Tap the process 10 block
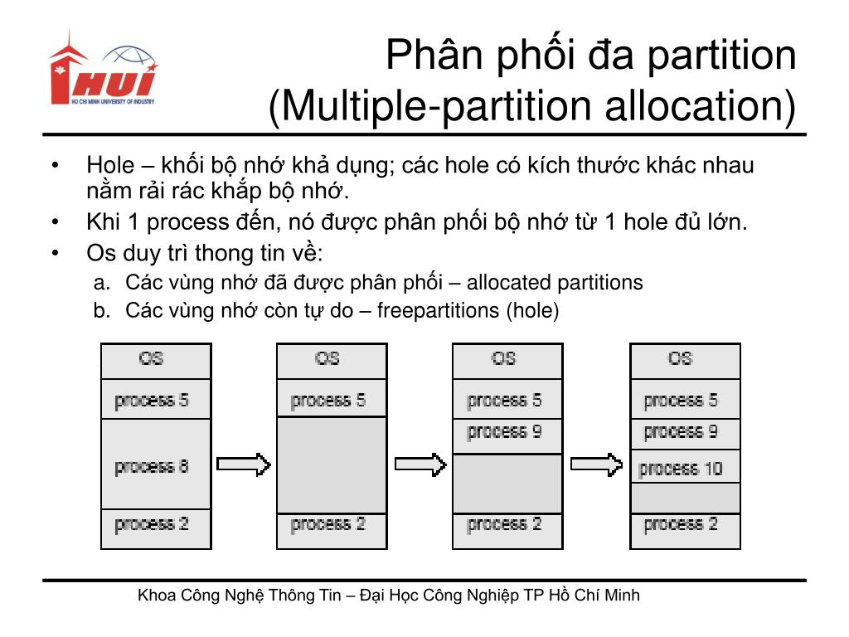685,468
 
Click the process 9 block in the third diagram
507,433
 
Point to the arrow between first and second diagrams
244,464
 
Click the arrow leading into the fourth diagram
596,464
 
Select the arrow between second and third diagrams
420,464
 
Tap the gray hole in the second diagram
332,464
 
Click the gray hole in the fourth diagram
685,498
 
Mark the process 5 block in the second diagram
332,400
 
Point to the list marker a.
100,283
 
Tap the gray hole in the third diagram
507,483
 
